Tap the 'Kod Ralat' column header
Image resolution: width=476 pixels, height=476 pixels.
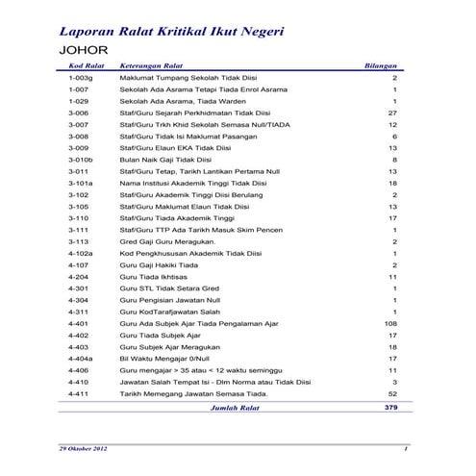pyautogui.click(x=87, y=65)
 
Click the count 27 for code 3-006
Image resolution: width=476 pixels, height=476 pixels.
pyautogui.click(x=391, y=113)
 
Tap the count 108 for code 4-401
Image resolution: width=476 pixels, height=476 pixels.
pyautogui.click(x=389, y=324)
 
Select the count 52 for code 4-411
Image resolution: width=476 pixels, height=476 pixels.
pyautogui.click(x=391, y=394)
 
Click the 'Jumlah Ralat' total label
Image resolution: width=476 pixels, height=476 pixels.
pyautogui.click(x=237, y=407)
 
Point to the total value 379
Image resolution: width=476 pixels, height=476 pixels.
pyautogui.click(x=389, y=407)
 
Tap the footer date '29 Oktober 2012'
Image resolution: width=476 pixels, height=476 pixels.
pyautogui.click(x=85, y=449)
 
